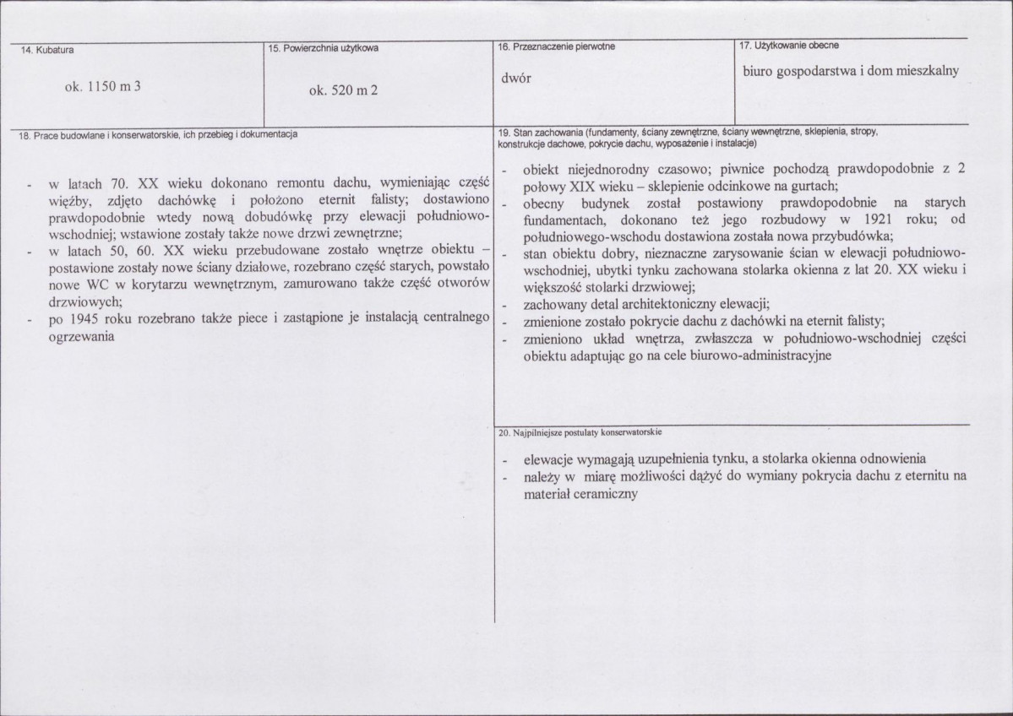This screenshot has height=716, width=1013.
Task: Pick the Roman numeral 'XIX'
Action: coord(585,186)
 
